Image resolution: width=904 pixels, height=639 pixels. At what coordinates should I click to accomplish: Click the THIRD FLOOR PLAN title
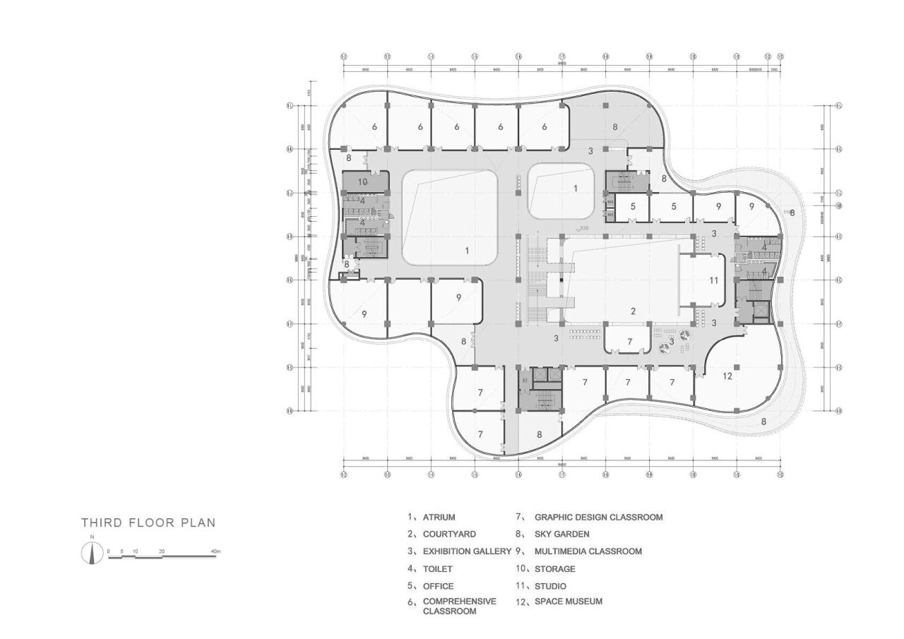(x=148, y=523)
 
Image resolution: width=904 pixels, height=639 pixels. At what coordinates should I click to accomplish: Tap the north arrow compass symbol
(x=92, y=553)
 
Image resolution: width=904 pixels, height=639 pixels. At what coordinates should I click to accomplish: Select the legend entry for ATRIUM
(x=439, y=518)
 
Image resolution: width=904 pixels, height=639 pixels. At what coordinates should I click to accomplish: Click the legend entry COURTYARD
(x=449, y=535)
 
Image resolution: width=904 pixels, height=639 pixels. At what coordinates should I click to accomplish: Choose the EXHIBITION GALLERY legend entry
(x=467, y=551)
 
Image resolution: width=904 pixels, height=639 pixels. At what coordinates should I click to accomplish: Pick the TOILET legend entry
(x=438, y=568)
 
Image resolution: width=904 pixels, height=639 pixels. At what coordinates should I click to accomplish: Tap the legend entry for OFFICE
(x=438, y=586)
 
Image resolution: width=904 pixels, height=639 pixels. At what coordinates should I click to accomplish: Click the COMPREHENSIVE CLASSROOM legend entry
(x=459, y=606)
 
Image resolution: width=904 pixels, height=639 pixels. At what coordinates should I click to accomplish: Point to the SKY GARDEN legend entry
(x=561, y=535)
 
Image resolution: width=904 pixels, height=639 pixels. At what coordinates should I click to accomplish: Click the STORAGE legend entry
(x=554, y=568)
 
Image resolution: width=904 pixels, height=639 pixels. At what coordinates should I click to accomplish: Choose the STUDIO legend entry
(x=550, y=586)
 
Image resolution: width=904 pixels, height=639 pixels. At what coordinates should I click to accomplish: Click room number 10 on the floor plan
(x=362, y=181)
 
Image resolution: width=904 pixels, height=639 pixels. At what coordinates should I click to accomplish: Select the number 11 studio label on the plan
(x=713, y=280)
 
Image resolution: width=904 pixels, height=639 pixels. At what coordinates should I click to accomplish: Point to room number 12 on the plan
(x=727, y=376)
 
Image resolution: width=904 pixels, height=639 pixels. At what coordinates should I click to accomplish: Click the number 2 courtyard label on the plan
(x=634, y=311)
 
